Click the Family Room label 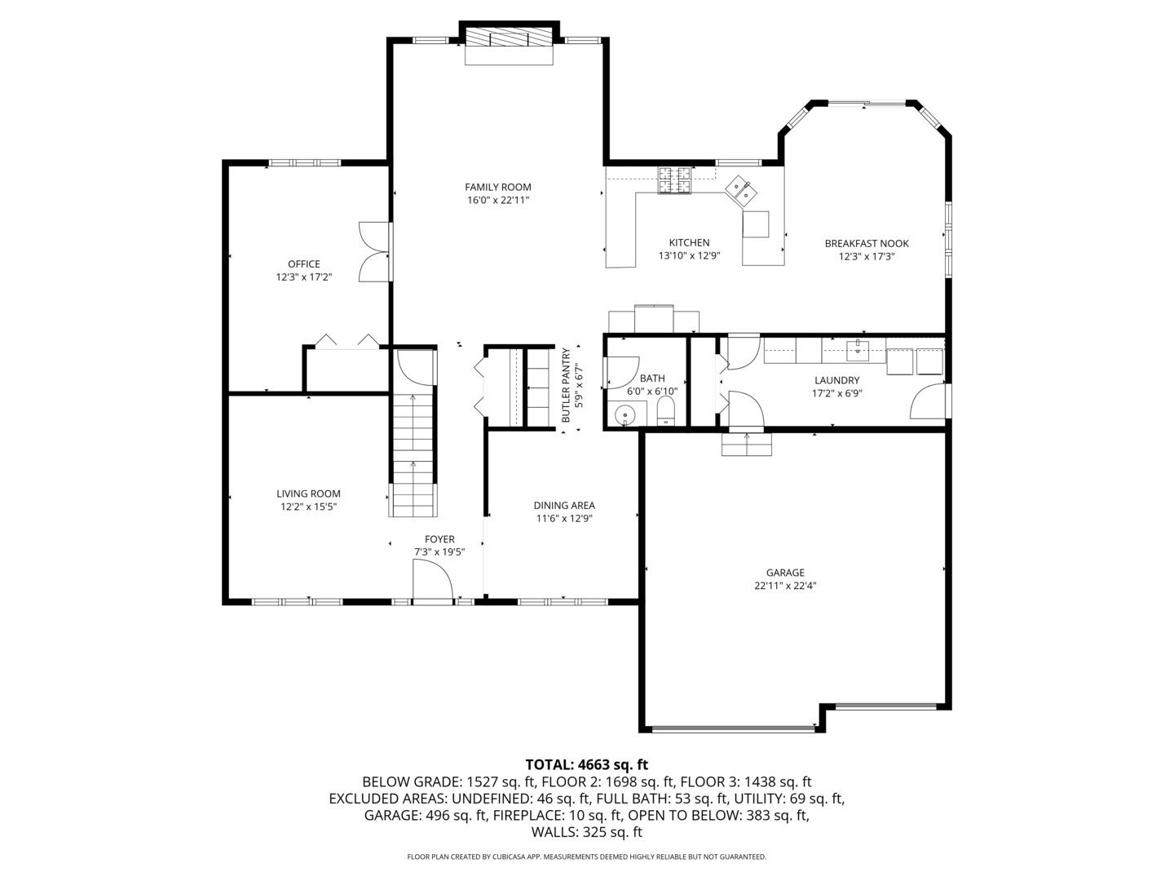498,187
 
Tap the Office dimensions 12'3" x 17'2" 303,277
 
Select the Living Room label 308,494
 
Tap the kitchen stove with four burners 675,181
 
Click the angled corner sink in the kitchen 741,189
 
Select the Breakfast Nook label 866,243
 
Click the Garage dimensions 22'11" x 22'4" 785,585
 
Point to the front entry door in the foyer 433,581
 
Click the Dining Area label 564,506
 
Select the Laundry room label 836,380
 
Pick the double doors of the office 375,252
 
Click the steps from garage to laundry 746,445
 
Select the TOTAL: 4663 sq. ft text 586,764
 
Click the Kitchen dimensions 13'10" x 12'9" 689,255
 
